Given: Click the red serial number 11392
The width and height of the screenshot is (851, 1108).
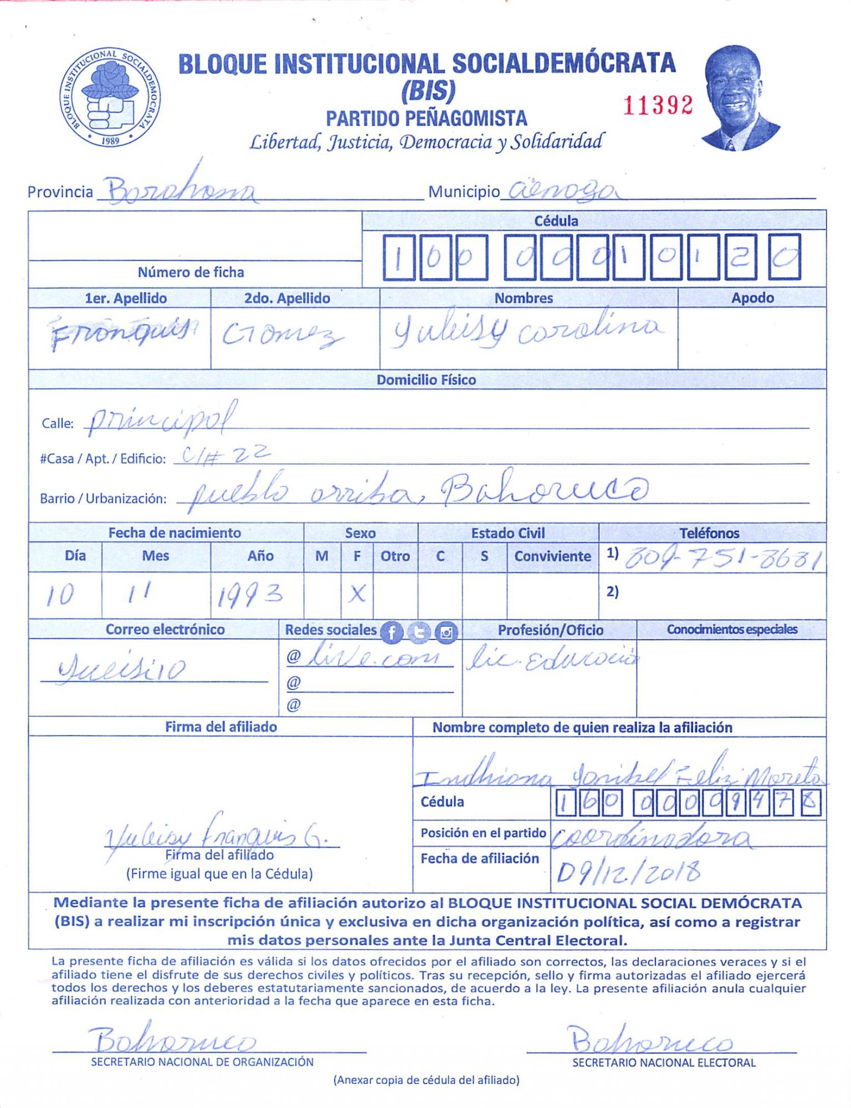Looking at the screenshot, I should point(658,105).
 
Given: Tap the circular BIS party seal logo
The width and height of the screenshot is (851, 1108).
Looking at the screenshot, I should point(110,98).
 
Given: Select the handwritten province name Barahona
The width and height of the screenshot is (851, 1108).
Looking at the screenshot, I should point(181,190).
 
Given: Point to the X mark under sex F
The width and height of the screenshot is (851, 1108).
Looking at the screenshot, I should point(357,594).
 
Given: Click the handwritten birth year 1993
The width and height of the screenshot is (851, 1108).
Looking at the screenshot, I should point(250,596).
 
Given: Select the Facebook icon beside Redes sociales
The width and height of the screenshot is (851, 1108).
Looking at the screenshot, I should point(392,632).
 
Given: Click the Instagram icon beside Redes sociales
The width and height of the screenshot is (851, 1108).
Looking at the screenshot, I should point(447,632).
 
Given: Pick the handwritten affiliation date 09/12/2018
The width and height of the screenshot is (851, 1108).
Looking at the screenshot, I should point(628,872).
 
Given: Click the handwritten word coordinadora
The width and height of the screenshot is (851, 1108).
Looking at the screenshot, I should point(652,838).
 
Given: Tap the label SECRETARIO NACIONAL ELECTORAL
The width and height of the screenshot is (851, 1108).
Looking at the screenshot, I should point(664,1063).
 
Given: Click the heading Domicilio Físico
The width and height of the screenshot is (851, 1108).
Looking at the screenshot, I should point(426,380).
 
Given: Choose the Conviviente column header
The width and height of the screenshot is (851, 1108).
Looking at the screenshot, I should point(552,556).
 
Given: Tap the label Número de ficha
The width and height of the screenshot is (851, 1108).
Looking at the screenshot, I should point(191,273).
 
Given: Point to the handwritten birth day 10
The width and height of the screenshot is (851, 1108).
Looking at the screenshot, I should point(60,595).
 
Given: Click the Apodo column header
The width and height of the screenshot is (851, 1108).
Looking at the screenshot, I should point(752,298).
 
